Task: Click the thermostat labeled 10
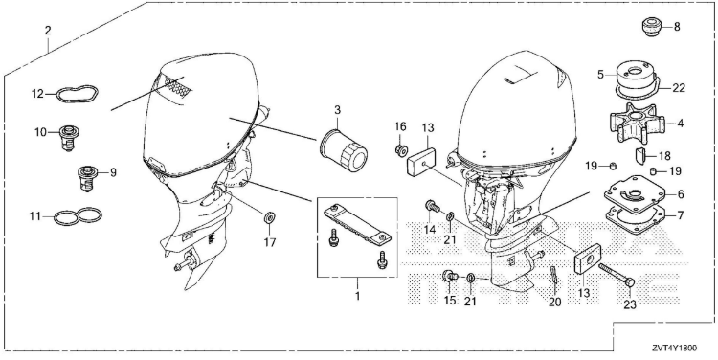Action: point(67,137)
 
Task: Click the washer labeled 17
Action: point(269,216)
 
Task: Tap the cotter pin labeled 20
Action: point(553,275)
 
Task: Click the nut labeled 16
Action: point(401,150)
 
